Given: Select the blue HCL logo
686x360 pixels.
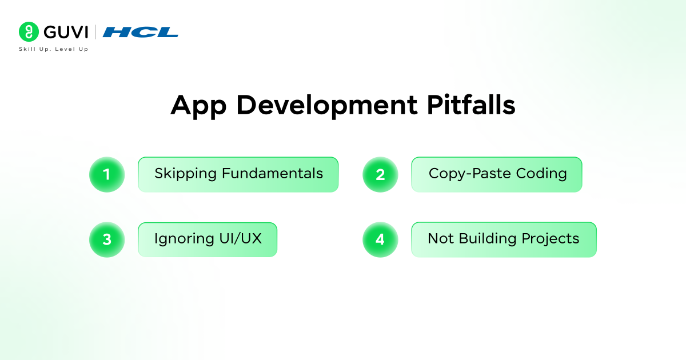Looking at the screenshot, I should [141, 32].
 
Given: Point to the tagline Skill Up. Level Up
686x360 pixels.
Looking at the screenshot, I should [53, 49].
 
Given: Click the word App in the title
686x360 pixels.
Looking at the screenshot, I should [197, 106].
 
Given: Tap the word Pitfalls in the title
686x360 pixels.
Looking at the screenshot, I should [469, 106].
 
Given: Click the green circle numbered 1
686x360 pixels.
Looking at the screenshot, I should [107, 174].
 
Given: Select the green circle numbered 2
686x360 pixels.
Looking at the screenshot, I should [380, 174].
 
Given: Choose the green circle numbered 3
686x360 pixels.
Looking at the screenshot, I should [107, 239].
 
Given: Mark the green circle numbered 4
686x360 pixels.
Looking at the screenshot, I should [380, 239].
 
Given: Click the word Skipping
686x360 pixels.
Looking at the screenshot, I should [185, 174].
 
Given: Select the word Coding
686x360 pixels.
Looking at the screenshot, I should [541, 174].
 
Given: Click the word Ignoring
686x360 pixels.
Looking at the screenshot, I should [182, 239].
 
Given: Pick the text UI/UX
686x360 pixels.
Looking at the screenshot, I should [240, 238].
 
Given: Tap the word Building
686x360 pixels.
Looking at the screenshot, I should [488, 239].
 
